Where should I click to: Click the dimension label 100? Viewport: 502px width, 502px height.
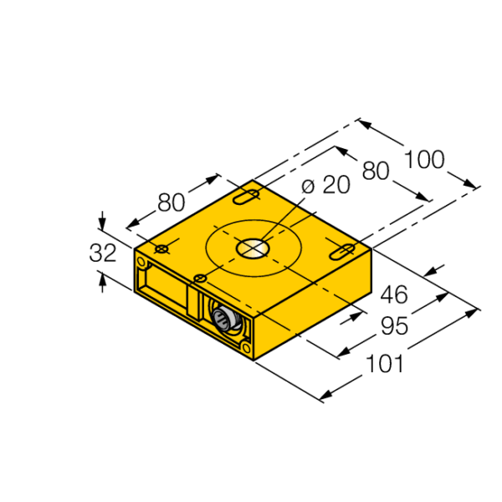tap(425, 160)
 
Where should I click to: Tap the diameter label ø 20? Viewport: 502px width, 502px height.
tap(326, 185)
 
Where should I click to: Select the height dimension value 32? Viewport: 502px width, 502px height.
tap(102, 253)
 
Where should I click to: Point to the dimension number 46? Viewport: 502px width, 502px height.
tap(394, 295)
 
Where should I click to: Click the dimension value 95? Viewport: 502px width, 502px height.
tap(394, 326)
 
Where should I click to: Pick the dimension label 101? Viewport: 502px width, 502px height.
tap(385, 364)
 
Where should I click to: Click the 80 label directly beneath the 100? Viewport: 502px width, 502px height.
tap(376, 171)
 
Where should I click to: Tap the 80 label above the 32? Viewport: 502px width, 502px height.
tap(172, 202)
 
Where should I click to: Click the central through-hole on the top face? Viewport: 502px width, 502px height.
tap(253, 248)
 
